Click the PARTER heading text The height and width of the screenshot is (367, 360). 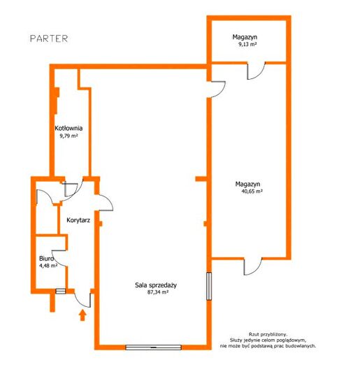[49, 38]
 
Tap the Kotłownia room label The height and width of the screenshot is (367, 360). [69, 128]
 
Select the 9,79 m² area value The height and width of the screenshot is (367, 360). [69, 136]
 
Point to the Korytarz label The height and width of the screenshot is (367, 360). [78, 220]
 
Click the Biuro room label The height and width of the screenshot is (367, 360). [46, 259]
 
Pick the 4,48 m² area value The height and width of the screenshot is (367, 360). [48, 266]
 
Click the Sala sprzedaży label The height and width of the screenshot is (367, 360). [156, 285]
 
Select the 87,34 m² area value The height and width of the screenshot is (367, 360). [158, 292]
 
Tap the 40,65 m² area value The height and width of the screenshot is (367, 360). [252, 192]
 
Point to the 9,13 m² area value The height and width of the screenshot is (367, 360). [247, 45]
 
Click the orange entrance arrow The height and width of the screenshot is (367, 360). [82, 315]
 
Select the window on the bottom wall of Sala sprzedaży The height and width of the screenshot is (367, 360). [154, 347]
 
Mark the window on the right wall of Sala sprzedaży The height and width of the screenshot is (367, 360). [209, 286]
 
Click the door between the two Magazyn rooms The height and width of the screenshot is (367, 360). [257, 71]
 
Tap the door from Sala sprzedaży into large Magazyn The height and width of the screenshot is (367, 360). [218, 89]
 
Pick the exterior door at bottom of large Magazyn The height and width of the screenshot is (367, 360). [253, 266]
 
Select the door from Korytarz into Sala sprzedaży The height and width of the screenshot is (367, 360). [106, 203]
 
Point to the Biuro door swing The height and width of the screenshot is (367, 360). [59, 258]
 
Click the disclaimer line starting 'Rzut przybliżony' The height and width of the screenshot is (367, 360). [268, 335]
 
